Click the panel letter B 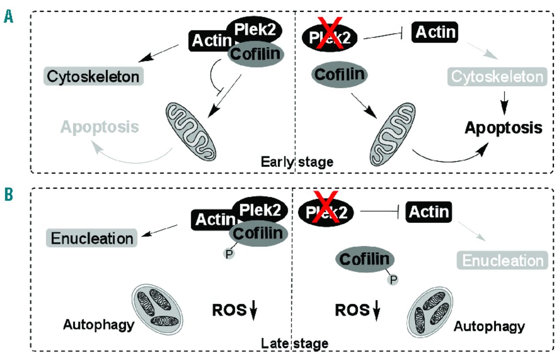point(8,195)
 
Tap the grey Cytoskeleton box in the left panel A point(94,77)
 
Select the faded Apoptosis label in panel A point(100,127)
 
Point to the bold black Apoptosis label point(504,127)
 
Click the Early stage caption point(297,162)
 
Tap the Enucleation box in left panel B point(92,238)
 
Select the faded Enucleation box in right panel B point(502,261)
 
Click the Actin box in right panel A point(435,32)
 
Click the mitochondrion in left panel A point(190,128)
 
